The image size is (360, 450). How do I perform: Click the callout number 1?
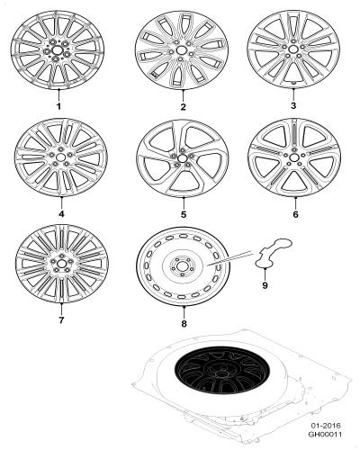pyautogui.click(x=58, y=106)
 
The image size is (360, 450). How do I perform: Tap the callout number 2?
pyautogui.click(x=184, y=106)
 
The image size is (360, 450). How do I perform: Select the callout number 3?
pyautogui.click(x=293, y=105)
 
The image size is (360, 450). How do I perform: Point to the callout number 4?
pyautogui.click(x=61, y=213)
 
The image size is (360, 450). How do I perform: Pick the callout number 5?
pyautogui.click(x=184, y=214)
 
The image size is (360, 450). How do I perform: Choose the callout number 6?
pyautogui.click(x=295, y=214)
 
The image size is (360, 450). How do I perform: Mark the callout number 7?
pyautogui.click(x=61, y=320)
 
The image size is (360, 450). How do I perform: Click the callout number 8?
pyautogui.click(x=184, y=324)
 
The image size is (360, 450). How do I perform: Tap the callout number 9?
pyautogui.click(x=265, y=285)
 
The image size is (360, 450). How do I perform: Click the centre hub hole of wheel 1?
pyautogui.click(x=57, y=49)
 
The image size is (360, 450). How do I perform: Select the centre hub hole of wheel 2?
pyautogui.click(x=181, y=50)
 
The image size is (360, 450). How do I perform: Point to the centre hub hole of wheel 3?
pyautogui.click(x=293, y=49)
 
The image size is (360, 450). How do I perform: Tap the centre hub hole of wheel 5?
pyautogui.click(x=181, y=158)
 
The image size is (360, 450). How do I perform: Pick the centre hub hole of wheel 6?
pyautogui.click(x=293, y=157)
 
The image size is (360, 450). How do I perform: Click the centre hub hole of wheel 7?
pyautogui.click(x=61, y=264)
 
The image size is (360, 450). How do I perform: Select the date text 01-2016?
pyautogui.click(x=326, y=426)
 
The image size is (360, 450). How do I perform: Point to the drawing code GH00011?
pyautogui.click(x=326, y=434)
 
